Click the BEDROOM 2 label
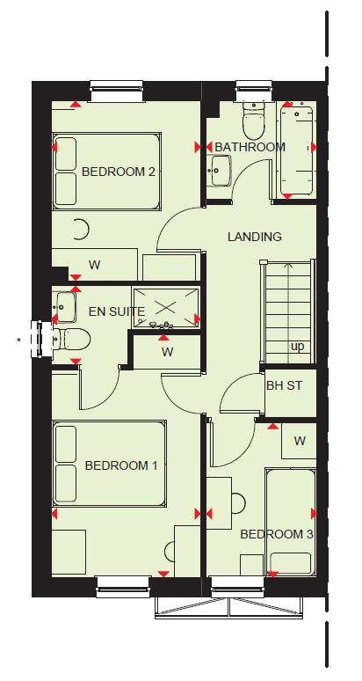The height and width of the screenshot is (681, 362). (118, 172)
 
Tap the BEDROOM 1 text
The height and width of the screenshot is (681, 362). (121, 466)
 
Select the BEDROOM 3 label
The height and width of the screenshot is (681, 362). (277, 534)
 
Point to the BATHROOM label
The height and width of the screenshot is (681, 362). (250, 147)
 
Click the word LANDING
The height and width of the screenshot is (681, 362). (255, 237)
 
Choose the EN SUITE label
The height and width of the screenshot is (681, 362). (117, 311)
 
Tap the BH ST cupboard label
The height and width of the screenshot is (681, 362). (284, 385)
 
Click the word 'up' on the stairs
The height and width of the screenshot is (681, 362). (298, 347)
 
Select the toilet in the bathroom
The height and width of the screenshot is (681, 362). (254, 121)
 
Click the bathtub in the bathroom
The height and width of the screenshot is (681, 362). (297, 150)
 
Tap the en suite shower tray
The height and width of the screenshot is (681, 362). (165, 306)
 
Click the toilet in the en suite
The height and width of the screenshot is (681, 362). (71, 339)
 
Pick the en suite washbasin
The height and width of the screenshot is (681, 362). (64, 307)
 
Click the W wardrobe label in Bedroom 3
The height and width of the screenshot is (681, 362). (300, 442)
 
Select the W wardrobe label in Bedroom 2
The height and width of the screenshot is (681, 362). (94, 265)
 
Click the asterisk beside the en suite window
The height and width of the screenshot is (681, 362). (18, 340)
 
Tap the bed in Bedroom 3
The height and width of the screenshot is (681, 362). (291, 523)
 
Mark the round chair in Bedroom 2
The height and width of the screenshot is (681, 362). (81, 230)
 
